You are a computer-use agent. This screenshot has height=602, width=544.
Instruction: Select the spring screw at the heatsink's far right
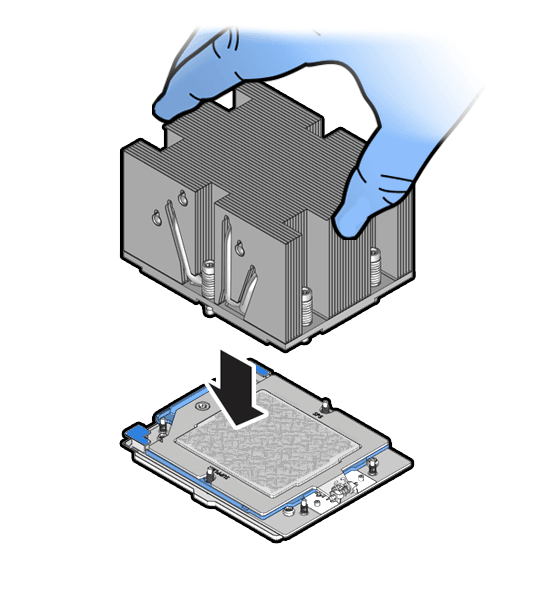[x=374, y=266]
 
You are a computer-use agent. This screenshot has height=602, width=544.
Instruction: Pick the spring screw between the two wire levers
[x=209, y=278]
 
